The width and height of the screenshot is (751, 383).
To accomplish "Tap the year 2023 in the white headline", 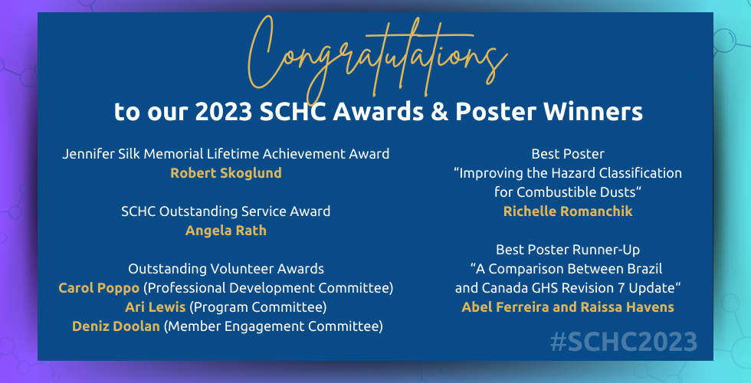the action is pyautogui.click(x=224, y=112).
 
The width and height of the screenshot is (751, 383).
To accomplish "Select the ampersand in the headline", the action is pyautogui.click(x=439, y=112).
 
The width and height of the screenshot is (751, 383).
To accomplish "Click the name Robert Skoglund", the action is pyautogui.click(x=226, y=173).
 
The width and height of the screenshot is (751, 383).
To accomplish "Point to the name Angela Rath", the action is pyautogui.click(x=226, y=231).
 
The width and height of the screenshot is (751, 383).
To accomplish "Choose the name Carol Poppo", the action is pyautogui.click(x=99, y=288).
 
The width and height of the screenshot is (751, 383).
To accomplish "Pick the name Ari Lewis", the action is pyautogui.click(x=155, y=307).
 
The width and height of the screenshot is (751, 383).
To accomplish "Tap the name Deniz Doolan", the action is pyautogui.click(x=116, y=326).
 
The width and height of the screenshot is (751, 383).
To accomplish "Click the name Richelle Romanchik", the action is pyautogui.click(x=568, y=211).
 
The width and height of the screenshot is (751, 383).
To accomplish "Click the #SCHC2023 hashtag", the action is pyautogui.click(x=624, y=342).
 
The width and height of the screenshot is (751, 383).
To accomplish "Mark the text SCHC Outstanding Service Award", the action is pyautogui.click(x=226, y=211).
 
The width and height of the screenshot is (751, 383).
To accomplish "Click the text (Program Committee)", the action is pyautogui.click(x=258, y=307).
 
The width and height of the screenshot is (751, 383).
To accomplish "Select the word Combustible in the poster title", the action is pyautogui.click(x=556, y=192).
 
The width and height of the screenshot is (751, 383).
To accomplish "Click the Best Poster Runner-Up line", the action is pyautogui.click(x=568, y=250).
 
